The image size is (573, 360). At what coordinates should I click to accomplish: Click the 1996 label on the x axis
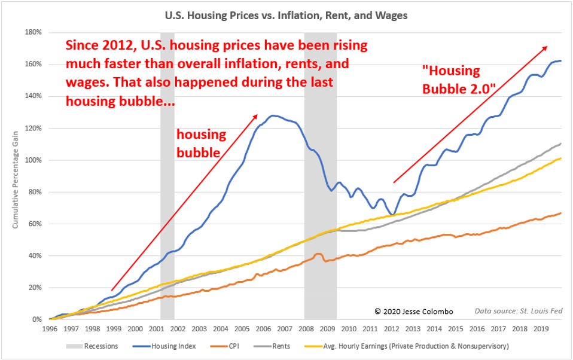point(50,329)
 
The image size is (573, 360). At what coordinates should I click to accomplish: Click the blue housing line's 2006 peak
point(273,115)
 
